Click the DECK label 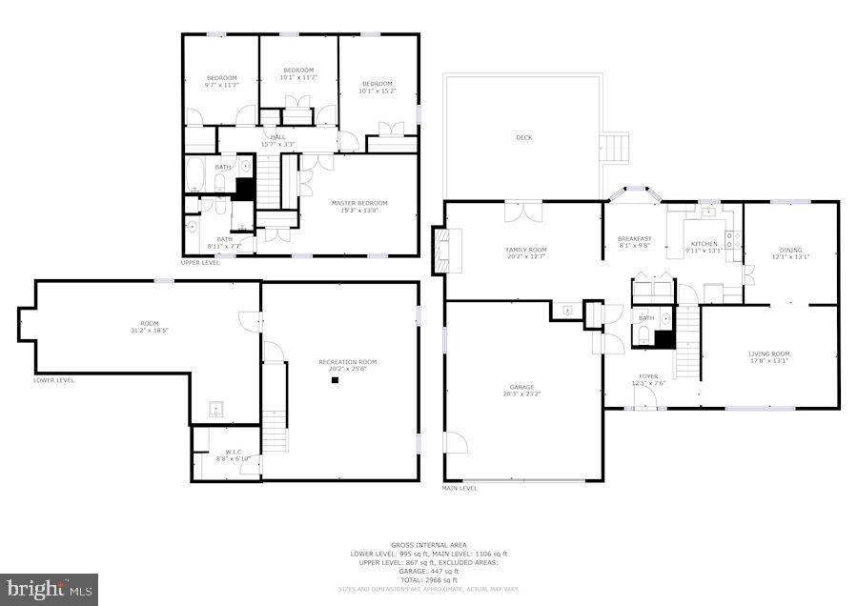pos(523,138)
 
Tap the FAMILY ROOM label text pos(525,251)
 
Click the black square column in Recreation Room pos(336,380)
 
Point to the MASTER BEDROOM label pos(359,203)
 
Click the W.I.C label pos(234,452)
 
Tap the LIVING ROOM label pos(768,354)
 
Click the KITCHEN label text pos(705,244)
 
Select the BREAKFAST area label pos(634,239)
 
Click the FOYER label pos(648,376)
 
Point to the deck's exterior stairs pos(616,148)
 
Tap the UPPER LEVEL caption pos(200,262)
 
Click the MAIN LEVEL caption pos(460,489)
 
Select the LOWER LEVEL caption pos(53,380)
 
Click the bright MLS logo pos(50,590)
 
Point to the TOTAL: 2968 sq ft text pos(429,579)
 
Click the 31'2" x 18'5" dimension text pos(150,330)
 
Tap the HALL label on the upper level pos(277,137)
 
